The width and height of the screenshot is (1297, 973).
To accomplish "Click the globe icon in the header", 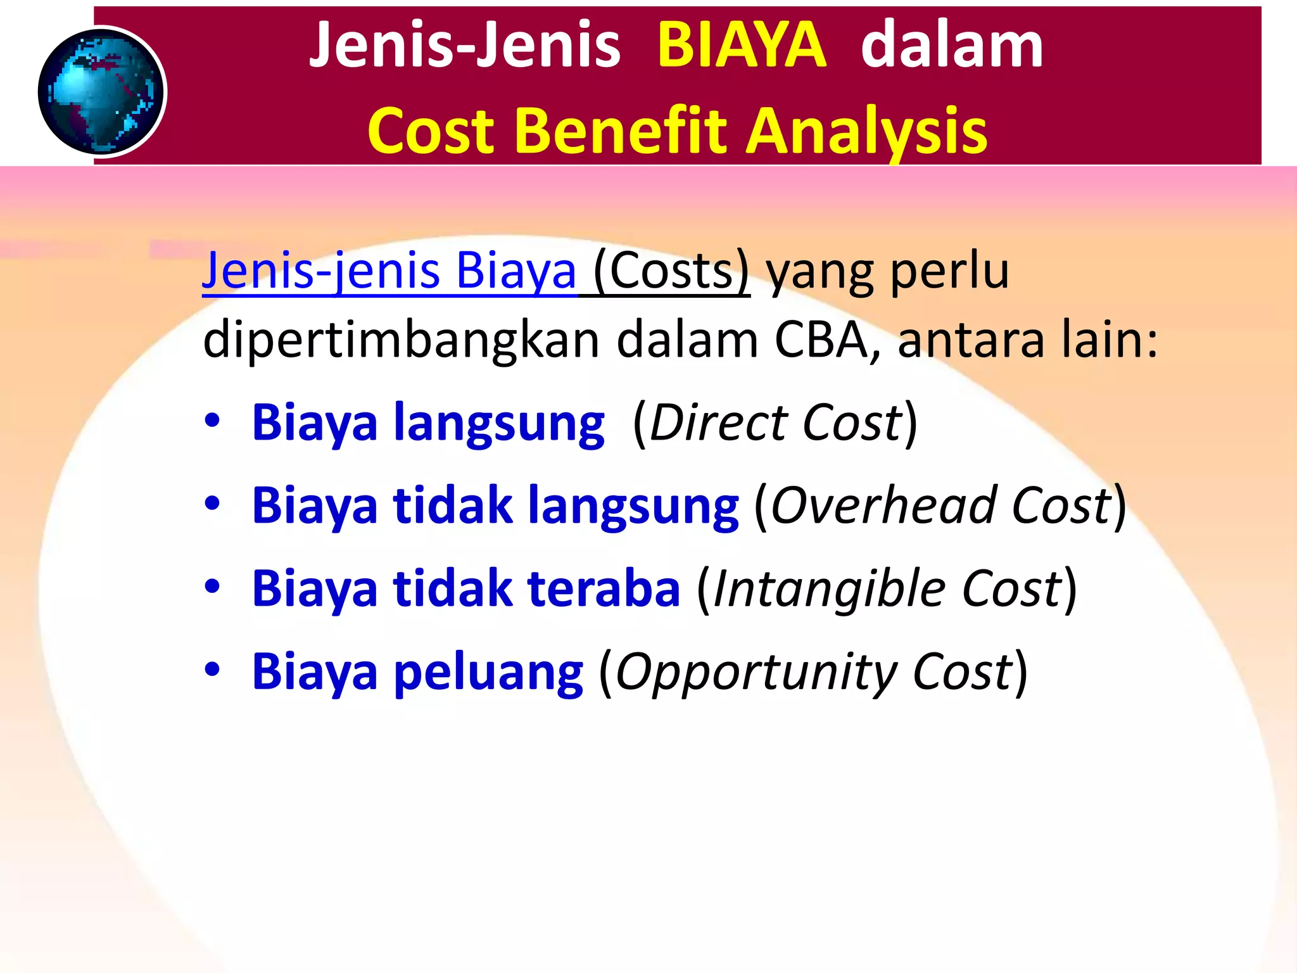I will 101,92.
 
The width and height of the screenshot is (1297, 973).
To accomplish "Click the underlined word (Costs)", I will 671,271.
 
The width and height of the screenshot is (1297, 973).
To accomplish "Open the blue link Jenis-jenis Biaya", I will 389,271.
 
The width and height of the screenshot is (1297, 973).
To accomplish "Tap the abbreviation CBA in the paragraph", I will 821,340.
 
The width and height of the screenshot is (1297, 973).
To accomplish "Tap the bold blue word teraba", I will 604,588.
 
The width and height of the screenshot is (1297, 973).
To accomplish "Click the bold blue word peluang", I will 488,672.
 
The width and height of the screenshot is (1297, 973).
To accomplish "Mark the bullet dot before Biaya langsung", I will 212,421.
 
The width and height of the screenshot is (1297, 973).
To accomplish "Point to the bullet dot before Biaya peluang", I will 212,670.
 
